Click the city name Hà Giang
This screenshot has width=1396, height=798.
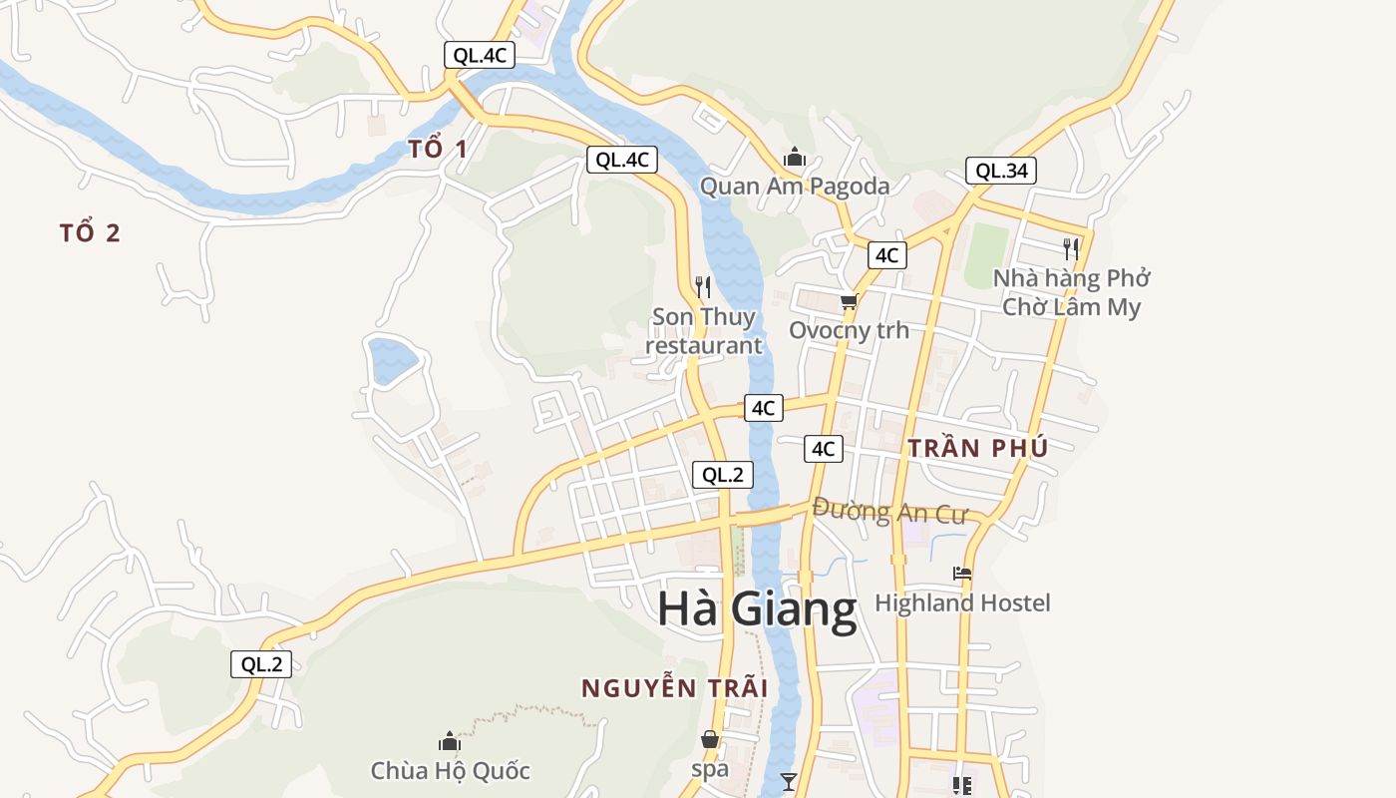click(x=757, y=609)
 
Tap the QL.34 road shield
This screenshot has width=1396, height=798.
click(x=1001, y=171)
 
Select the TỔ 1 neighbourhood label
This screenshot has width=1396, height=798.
click(x=438, y=150)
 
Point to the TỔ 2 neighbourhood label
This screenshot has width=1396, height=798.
click(x=90, y=233)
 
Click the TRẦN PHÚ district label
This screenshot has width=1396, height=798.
click(x=977, y=449)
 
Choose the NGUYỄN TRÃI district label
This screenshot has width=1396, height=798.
click(x=674, y=688)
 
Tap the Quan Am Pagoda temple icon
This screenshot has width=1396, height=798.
click(x=795, y=158)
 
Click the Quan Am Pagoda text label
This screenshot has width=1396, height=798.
click(x=794, y=186)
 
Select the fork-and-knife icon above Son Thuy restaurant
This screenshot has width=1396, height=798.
click(x=703, y=287)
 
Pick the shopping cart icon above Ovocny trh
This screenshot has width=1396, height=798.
click(x=849, y=301)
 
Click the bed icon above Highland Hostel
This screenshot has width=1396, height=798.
click(x=962, y=574)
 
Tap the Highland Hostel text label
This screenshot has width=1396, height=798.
click(x=962, y=603)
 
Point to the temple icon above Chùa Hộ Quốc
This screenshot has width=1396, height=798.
click(x=450, y=741)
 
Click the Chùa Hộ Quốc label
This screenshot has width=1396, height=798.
click(x=450, y=771)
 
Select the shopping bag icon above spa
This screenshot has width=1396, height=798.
click(x=710, y=739)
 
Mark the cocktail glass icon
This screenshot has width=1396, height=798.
click(x=789, y=781)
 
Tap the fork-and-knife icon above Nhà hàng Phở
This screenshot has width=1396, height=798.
click(x=1071, y=248)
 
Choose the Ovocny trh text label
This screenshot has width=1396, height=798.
click(x=849, y=330)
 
